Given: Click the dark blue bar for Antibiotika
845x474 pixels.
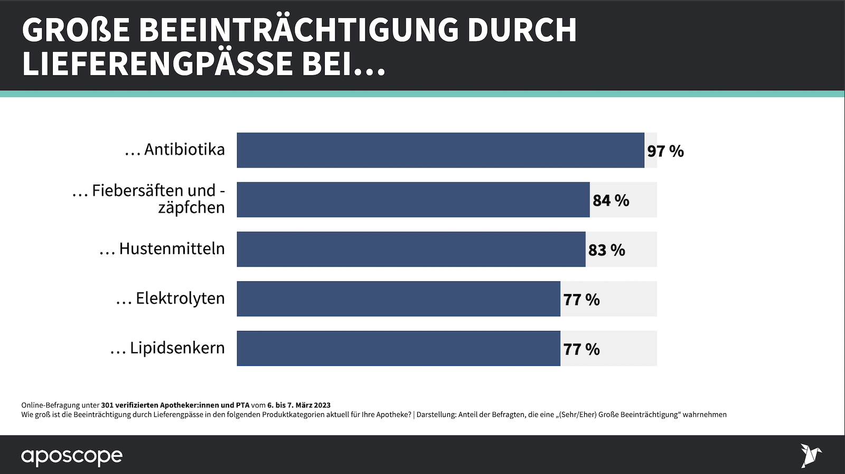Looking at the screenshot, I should point(440,150).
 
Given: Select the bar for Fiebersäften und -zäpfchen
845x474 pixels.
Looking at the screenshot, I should point(413,200).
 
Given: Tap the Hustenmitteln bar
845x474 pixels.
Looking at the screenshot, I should point(411,249).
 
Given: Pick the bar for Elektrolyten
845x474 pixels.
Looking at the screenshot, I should point(398,299).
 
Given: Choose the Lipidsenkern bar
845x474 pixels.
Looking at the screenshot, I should point(398,348).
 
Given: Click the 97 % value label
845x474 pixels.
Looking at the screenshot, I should point(665,151).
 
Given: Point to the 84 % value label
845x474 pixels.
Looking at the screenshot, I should point(611,201).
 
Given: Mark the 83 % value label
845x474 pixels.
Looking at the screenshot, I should point(606,250).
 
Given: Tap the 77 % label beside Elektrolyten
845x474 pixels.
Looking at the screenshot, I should point(581,300).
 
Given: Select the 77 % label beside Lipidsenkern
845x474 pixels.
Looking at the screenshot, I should point(581,349).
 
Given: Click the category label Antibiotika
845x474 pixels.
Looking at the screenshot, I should point(184,149).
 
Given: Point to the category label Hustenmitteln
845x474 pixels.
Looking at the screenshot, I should point(172,249).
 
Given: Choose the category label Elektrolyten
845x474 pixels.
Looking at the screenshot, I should point(180,298).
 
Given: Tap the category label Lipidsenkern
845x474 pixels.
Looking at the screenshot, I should point(177,348).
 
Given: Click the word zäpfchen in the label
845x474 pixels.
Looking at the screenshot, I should point(191,208).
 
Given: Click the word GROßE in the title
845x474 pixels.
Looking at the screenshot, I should point(76,30).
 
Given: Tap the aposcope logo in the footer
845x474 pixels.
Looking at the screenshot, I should point(72,456).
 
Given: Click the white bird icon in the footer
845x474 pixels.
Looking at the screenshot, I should point(810,456).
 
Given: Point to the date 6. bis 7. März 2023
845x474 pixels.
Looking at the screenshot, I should point(299,405).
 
